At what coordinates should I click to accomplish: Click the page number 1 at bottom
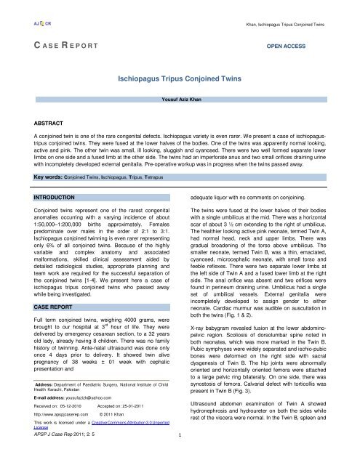tap(180, 457)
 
